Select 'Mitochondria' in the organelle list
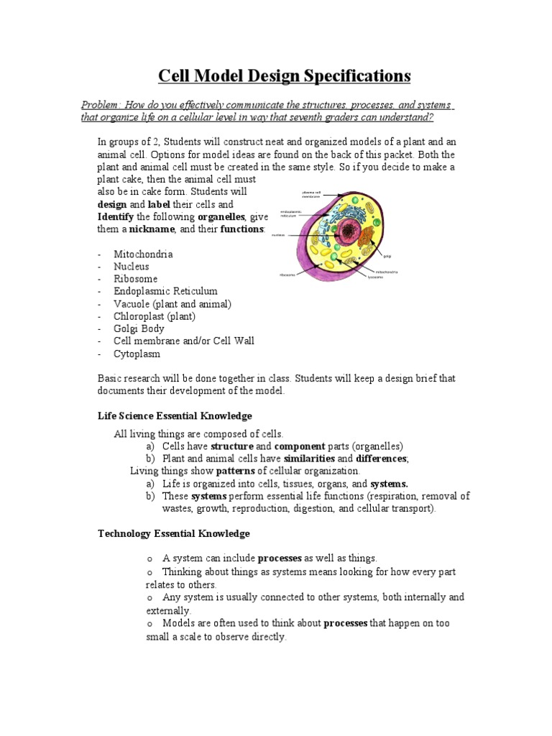pos(143,254)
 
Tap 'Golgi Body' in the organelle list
pos(139,328)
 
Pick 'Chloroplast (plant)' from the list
pos(155,316)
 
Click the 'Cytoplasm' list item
pos(137,354)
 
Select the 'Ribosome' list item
pos(135,279)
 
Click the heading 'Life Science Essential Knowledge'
pos(175,416)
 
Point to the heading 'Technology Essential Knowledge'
pos(173,533)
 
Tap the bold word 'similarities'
pos(309,459)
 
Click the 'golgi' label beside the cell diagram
pos(387,255)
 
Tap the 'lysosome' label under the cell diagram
pos(375,277)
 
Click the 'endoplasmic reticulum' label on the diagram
pos(291,213)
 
